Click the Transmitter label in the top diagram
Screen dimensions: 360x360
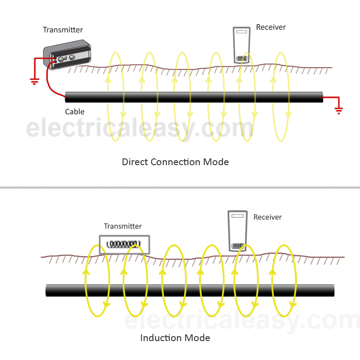coord(63,30)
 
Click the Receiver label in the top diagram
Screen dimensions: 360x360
coord(271,27)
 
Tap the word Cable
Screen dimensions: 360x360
coord(75,112)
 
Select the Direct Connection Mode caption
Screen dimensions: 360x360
coord(175,162)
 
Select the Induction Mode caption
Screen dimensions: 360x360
coord(175,338)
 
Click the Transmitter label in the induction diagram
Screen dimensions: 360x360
coord(122,226)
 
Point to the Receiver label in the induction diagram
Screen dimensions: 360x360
coord(267,217)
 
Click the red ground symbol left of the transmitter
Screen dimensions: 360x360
coord(35,81)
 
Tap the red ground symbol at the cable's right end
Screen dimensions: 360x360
coord(339,111)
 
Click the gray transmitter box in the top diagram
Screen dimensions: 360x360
coord(67,54)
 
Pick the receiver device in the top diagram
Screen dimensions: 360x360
coord(242,45)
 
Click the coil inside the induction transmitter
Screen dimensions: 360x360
coord(123,244)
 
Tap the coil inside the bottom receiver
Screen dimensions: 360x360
coord(238,246)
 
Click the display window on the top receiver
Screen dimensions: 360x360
coord(242,31)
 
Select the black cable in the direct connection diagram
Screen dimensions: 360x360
coord(194,97)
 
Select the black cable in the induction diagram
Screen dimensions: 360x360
coord(190,290)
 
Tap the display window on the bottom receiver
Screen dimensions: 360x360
coord(238,216)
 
